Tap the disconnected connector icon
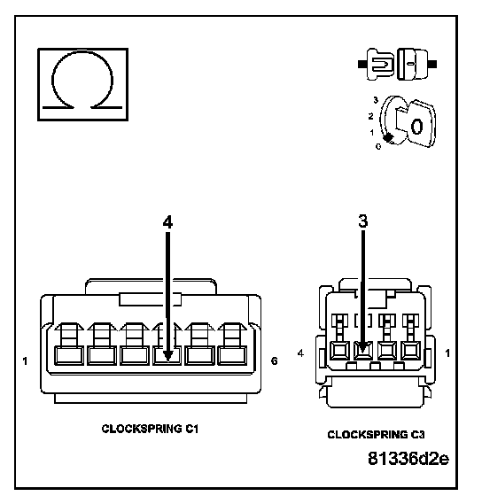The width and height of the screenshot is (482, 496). [x=397, y=64]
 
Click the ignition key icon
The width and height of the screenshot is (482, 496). [x=408, y=122]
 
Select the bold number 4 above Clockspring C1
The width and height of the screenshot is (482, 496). [x=167, y=221]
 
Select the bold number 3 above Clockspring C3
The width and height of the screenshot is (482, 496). [x=363, y=221]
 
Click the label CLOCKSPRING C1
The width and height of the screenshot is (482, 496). [x=150, y=429]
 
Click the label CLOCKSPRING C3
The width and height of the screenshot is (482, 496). [x=376, y=435]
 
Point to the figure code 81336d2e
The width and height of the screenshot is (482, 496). [x=408, y=458]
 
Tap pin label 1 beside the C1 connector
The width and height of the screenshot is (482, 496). [x=25, y=361]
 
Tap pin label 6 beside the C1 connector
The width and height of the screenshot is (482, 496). [x=275, y=361]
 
